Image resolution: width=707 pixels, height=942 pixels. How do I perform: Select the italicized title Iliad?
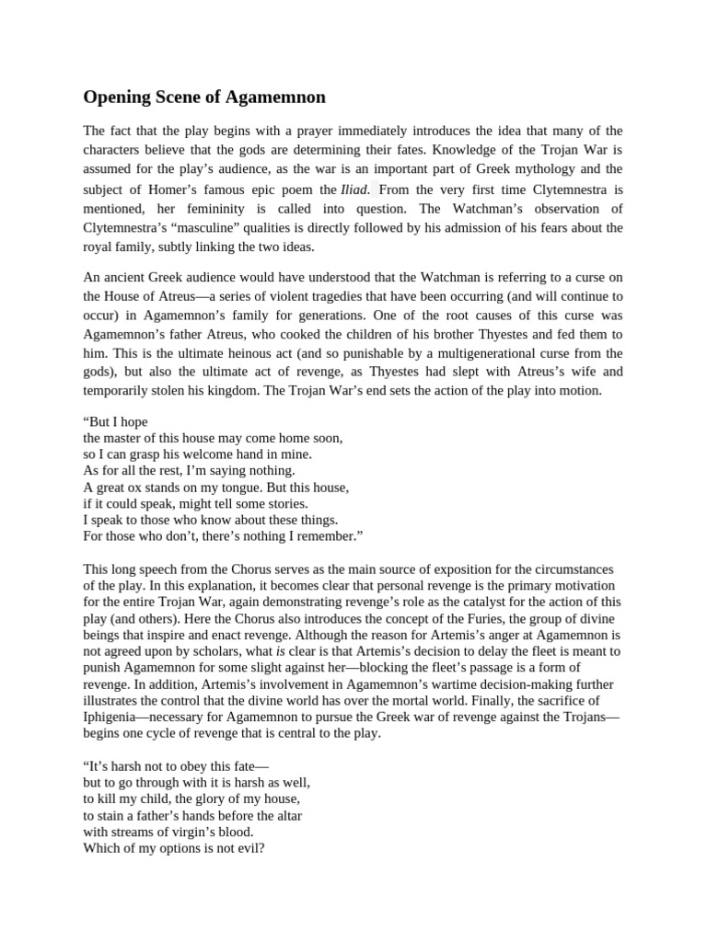(353, 189)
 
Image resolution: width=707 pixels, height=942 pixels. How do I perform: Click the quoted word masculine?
(208, 227)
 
